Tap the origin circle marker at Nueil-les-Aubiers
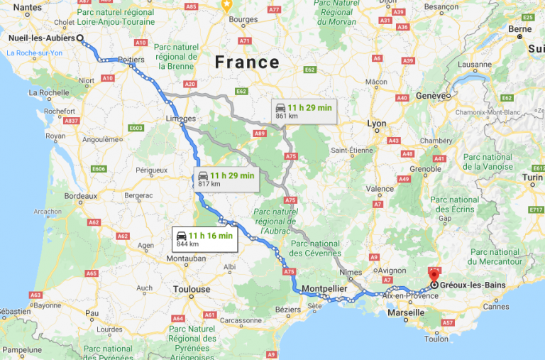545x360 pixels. pos(79,39)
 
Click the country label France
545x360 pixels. pos(247,62)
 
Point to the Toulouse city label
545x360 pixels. pos(192,289)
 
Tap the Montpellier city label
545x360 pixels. pos(323,289)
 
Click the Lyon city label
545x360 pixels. pos(377,124)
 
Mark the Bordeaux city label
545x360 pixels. pos(80,195)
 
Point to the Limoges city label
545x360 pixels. pos(182,119)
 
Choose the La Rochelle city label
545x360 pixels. pos(48,92)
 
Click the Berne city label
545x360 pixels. pos(519,29)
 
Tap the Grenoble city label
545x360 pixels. pos(424,168)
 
